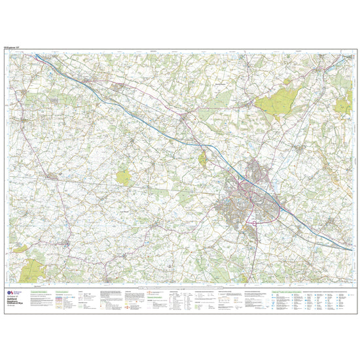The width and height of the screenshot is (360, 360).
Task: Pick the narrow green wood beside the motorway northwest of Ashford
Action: [203, 156]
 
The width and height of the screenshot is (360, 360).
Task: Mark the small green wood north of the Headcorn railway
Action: [123, 175]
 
